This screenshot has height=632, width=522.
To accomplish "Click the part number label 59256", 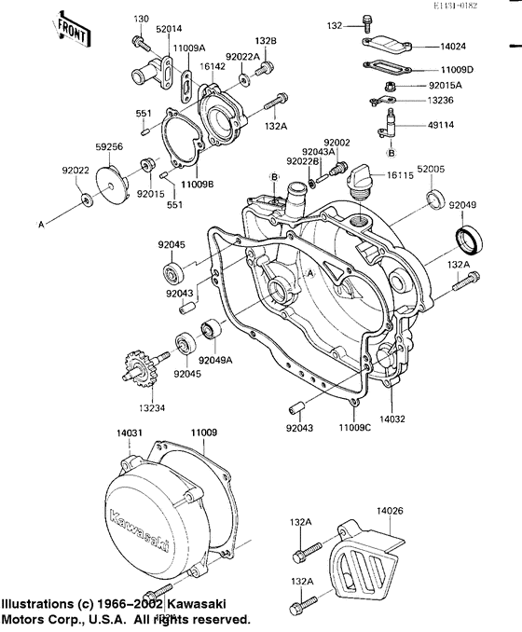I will (x=109, y=145).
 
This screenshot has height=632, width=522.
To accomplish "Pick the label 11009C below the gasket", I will (x=355, y=426).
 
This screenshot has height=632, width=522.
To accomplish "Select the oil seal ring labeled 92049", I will (x=469, y=240).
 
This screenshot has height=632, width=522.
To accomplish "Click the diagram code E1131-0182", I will (x=481, y=7).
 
